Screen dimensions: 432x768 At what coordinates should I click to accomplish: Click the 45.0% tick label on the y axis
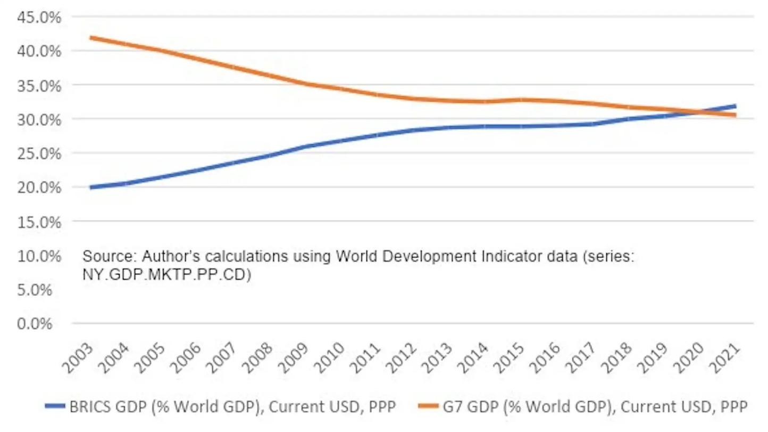39,17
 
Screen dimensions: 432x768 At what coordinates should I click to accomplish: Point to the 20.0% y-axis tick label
39,188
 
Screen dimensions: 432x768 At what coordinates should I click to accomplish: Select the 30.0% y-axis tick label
39,119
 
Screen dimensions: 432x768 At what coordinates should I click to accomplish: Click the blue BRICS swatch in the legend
56,407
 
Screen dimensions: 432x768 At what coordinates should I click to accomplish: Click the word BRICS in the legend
88,407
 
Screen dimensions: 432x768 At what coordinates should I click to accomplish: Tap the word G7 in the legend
452,407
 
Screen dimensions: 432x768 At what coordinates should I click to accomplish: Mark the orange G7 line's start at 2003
91,38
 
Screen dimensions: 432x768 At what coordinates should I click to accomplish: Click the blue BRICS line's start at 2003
91,188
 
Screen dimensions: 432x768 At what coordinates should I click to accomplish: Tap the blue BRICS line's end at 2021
735,106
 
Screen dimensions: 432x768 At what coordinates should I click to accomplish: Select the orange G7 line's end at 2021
735,115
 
